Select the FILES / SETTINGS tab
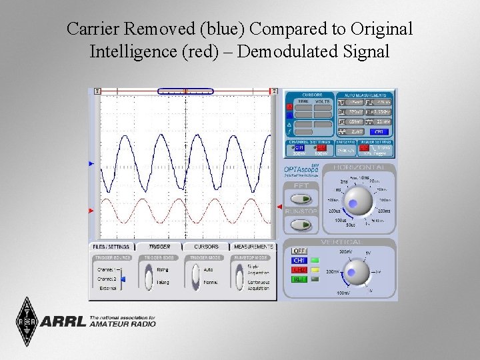pos(111,247)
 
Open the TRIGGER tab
pos(159,247)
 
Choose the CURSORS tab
pos(206,247)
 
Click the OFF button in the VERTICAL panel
pos(299,251)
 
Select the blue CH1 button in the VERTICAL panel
pos(299,260)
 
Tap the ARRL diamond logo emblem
pos(27,321)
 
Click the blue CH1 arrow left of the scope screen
pos(92,163)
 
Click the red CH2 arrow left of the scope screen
pos(92,211)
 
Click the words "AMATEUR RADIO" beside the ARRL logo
pos(122,324)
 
